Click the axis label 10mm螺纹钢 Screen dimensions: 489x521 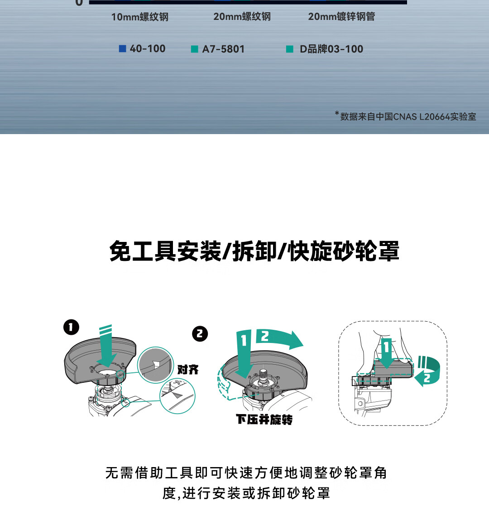[x=140, y=17]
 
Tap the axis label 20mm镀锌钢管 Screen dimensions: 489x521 [x=341, y=16]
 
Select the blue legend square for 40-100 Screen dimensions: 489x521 [x=123, y=48]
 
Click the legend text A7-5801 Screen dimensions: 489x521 [x=223, y=49]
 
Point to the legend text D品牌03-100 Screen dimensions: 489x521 [x=331, y=49]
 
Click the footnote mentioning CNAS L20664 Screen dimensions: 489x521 [x=406, y=116]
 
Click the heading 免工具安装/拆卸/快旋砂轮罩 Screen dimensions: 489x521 [x=254, y=251]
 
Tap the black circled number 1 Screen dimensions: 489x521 [x=72, y=327]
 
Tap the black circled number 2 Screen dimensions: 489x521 [x=200, y=333]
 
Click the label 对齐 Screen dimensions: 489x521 [x=188, y=369]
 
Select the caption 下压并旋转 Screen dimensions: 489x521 [x=264, y=420]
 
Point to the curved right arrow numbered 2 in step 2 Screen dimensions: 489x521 [x=279, y=339]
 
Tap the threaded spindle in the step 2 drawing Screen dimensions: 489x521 [x=263, y=376]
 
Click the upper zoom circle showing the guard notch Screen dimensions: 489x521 [x=155, y=365]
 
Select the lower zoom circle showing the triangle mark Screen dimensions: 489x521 [x=177, y=396]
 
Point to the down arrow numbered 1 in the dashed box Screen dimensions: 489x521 [x=387, y=353]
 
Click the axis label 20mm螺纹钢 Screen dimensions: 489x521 [x=242, y=16]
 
